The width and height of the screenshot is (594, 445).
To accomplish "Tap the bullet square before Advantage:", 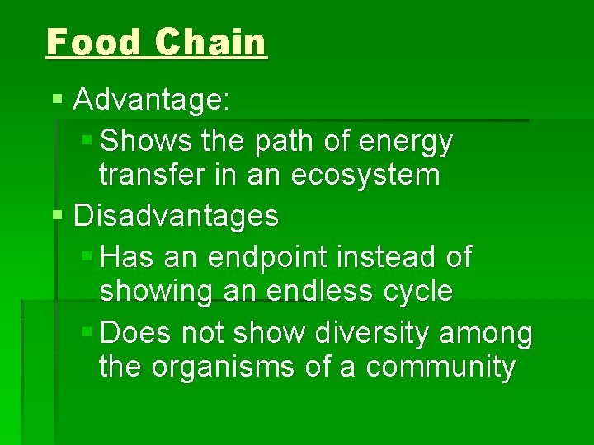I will pyautogui.click(x=57, y=101).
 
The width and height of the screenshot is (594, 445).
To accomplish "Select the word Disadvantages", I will pyautogui.click(x=176, y=216).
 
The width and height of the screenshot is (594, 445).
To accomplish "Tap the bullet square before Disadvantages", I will pyautogui.click(x=57, y=215).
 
